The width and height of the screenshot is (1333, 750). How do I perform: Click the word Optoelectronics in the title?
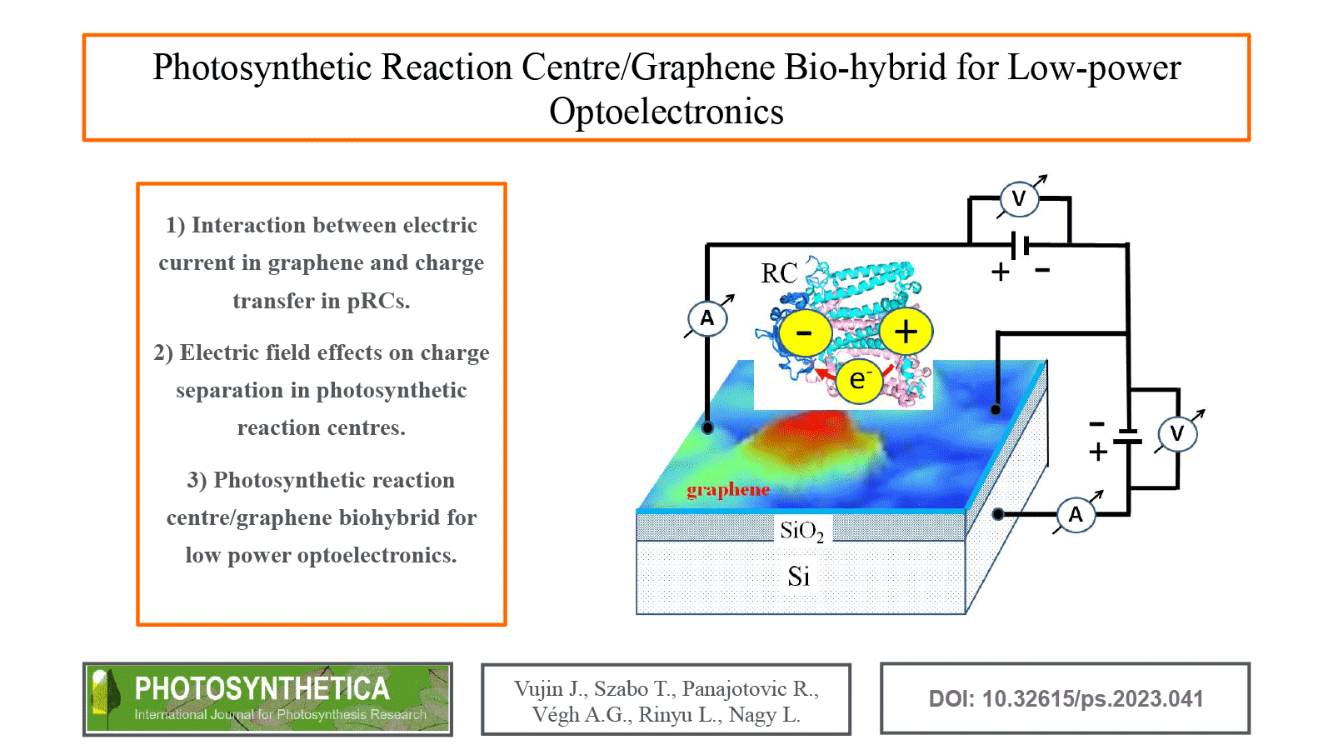pyautogui.click(x=666, y=112)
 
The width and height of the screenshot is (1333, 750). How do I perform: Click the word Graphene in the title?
pyautogui.click(x=702, y=67)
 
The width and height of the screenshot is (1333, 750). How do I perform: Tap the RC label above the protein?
pyautogui.click(x=779, y=273)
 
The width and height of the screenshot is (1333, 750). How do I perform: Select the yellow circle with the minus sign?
pyautogui.click(x=804, y=333)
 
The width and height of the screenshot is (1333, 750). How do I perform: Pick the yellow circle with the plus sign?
pyautogui.click(x=906, y=332)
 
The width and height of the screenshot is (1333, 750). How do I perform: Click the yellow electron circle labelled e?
pyautogui.click(x=858, y=380)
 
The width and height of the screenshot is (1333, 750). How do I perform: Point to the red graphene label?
pyautogui.click(x=728, y=490)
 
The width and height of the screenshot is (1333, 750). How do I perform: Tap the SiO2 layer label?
pyautogui.click(x=801, y=531)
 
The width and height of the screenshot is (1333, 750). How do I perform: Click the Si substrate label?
pyautogui.click(x=798, y=577)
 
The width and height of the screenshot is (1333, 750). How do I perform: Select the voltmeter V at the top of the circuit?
pyautogui.click(x=1018, y=199)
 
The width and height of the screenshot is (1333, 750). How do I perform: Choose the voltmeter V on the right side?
pyautogui.click(x=1177, y=433)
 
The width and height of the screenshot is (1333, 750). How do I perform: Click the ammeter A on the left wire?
pyautogui.click(x=707, y=318)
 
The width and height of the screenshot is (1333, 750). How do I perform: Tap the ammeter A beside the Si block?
pyautogui.click(x=1076, y=514)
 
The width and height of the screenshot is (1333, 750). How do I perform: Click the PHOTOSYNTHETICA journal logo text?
pyautogui.click(x=262, y=688)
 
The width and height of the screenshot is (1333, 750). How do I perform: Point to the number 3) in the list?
pyautogui.click(x=197, y=481)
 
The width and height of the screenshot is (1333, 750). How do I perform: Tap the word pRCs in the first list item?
pyautogui.click(x=378, y=301)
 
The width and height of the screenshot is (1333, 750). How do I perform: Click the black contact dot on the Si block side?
pyautogui.click(x=998, y=514)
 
